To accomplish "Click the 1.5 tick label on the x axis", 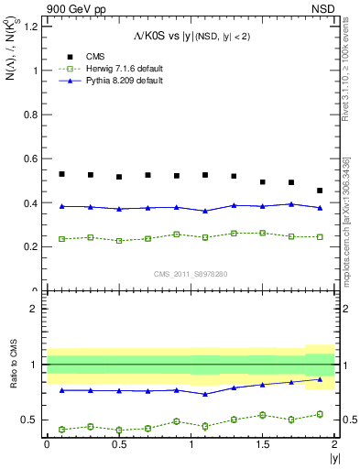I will pyautogui.click(x=263, y=444).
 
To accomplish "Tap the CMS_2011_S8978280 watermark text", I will pyautogui.click(x=191, y=274).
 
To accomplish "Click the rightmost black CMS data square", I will pyautogui.click(x=320, y=191).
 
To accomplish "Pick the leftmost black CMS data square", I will pyautogui.click(x=61, y=174).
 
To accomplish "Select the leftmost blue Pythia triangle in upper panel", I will pyautogui.click(x=61, y=206).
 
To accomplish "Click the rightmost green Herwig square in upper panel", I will pyautogui.click(x=320, y=236).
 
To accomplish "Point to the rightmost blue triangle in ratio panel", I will pyautogui.click(x=320, y=379).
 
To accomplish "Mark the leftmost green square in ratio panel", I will pyautogui.click(x=61, y=429).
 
